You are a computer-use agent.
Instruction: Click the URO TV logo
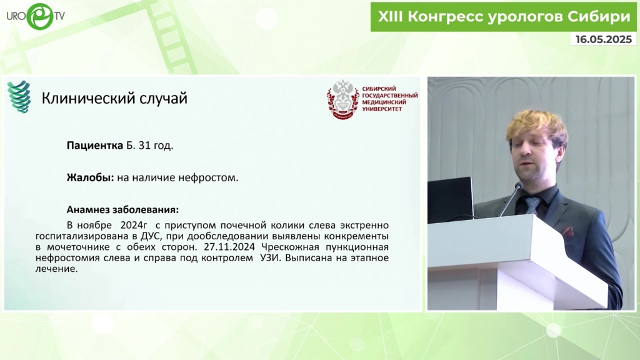click(x=36, y=16)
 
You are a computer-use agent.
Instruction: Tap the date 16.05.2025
click(x=604, y=39)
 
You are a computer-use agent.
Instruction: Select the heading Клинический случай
click(x=114, y=98)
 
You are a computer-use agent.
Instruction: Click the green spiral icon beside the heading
click(x=19, y=97)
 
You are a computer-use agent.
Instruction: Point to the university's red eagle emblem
click(x=343, y=99)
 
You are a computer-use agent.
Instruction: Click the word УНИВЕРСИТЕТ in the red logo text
click(x=382, y=109)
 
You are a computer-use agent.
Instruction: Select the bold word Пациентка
click(x=95, y=145)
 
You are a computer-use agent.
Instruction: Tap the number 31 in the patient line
click(x=144, y=145)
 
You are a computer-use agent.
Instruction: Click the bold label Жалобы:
click(x=90, y=177)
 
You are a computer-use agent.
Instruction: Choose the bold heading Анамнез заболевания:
click(x=122, y=209)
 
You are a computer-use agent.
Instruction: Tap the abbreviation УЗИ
click(x=271, y=258)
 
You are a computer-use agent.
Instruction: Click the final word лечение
click(x=56, y=269)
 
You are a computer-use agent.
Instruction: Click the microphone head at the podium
click(x=519, y=186)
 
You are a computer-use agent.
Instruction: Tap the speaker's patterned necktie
click(x=532, y=204)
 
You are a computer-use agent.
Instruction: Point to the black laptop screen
click(x=450, y=200)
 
